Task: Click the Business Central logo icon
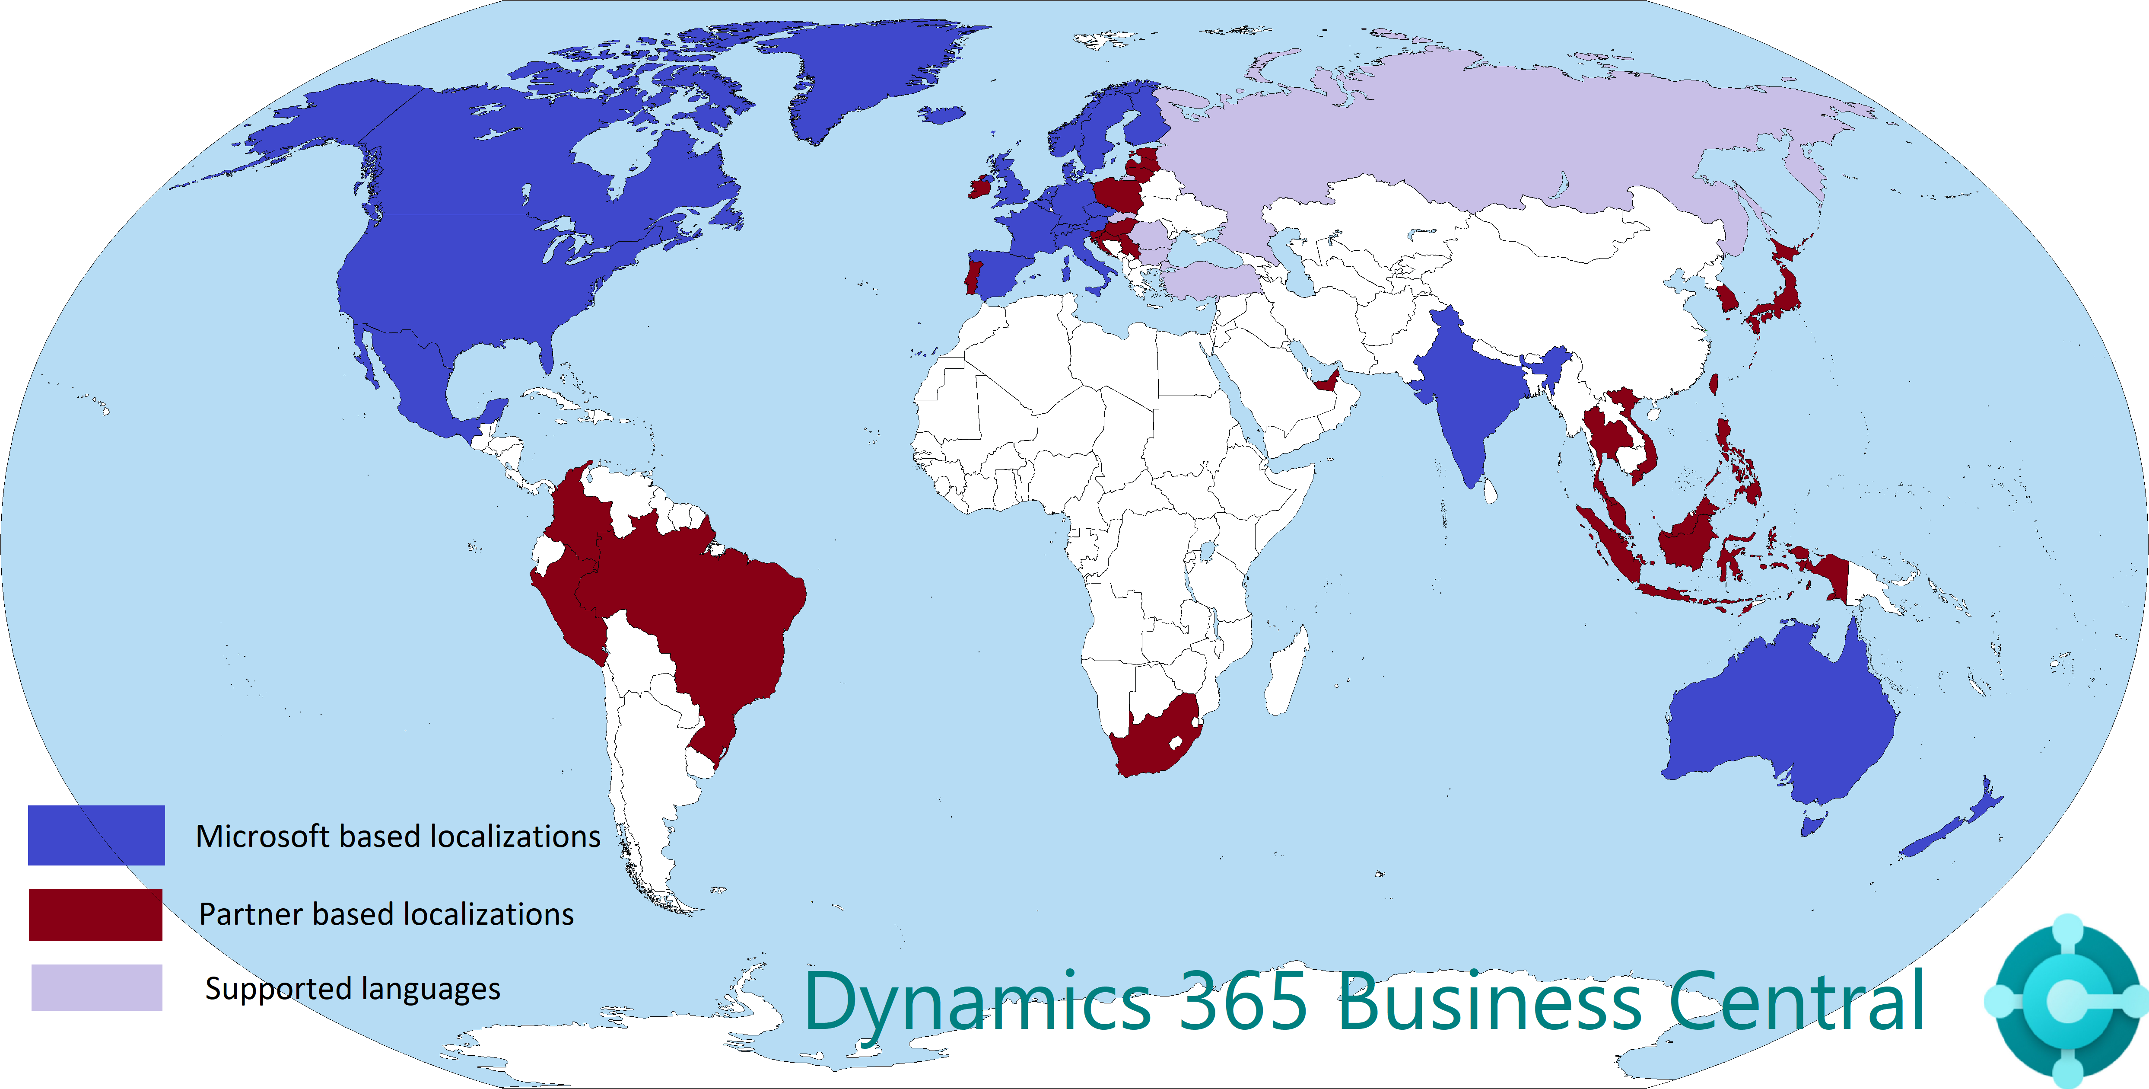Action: [x=2067, y=1000]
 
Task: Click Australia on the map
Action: [x=1785, y=718]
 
